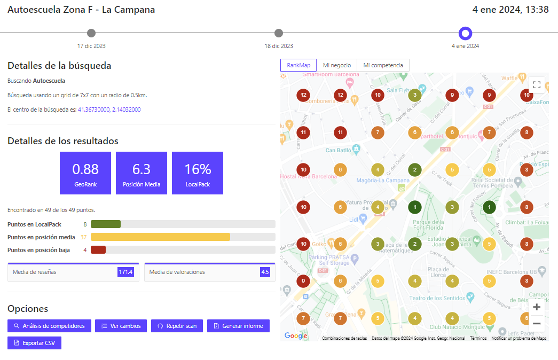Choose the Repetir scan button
(177, 326)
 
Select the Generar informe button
(238, 326)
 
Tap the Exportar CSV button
(34, 342)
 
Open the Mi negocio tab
(336, 65)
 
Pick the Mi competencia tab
(383, 65)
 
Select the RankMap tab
(298, 65)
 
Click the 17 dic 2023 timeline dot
(91, 33)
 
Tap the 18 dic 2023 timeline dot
(279, 33)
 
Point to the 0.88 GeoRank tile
(85, 173)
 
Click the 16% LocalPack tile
(198, 173)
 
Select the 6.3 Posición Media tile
(142, 173)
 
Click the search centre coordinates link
(109, 109)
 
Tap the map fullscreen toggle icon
(537, 85)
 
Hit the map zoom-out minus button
(537, 323)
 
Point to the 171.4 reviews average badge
(125, 272)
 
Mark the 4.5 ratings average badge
(265, 272)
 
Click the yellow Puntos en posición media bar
(160, 237)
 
